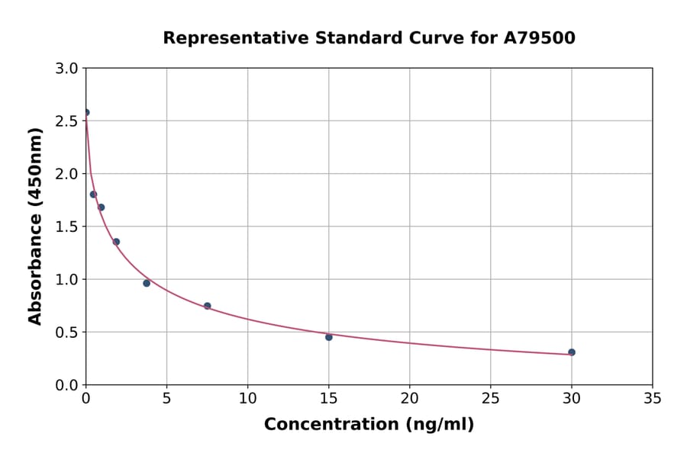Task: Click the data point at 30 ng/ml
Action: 572,352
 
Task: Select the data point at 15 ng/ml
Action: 329,337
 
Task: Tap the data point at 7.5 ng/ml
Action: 208,306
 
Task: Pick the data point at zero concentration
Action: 86,113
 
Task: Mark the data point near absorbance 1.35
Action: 116,242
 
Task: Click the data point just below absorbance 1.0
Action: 147,283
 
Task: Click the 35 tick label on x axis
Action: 653,398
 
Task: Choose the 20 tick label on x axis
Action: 409,398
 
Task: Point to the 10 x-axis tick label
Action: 247,398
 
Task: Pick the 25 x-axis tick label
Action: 490,398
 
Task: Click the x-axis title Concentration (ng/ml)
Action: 369,425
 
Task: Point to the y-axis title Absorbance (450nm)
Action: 35,226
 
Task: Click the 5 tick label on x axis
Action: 166,398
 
